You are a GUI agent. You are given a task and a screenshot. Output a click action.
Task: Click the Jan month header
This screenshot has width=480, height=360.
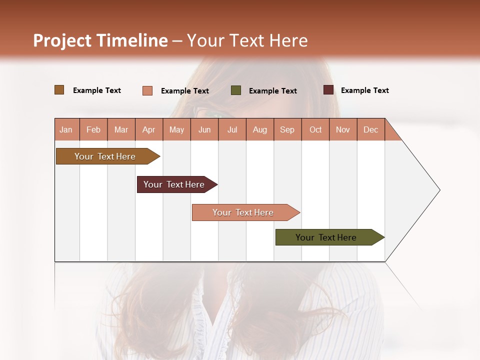click(x=66, y=130)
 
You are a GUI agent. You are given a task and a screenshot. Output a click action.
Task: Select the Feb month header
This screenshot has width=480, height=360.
click(x=93, y=130)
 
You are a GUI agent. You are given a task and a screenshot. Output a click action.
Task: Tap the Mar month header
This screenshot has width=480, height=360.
click(x=121, y=130)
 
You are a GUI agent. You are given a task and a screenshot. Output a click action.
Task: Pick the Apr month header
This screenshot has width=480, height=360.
click(x=149, y=130)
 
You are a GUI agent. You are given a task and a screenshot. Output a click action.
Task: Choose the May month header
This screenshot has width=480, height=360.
click(x=176, y=130)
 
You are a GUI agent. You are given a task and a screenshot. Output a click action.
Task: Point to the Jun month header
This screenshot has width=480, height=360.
click(x=204, y=130)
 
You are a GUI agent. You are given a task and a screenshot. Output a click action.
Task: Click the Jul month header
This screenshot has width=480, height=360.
click(x=232, y=130)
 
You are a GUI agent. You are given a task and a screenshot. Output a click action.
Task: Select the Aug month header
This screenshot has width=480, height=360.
click(x=260, y=130)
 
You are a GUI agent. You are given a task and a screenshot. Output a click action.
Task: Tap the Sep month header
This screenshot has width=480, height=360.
click(x=287, y=130)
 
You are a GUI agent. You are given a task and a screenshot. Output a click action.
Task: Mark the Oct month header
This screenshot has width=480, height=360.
click(x=315, y=130)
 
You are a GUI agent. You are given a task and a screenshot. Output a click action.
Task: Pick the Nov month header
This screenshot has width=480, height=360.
click(x=343, y=130)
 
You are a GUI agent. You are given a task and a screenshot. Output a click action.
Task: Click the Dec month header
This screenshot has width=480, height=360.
click(x=370, y=130)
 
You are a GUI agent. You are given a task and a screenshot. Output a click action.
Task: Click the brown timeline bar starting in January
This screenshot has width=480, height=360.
click(x=105, y=156)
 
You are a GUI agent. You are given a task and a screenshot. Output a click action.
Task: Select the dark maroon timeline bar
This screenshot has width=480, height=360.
click(x=174, y=184)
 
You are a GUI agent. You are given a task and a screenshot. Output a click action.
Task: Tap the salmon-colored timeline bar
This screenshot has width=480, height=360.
click(x=243, y=212)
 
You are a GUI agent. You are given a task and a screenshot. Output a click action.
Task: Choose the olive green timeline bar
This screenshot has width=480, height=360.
click(x=326, y=237)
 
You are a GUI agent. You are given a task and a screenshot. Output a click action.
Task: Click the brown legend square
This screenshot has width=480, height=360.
click(x=59, y=90)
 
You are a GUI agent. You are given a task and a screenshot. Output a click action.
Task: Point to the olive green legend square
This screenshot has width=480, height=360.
click(x=236, y=90)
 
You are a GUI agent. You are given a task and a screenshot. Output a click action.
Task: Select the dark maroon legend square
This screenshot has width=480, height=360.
click(x=328, y=90)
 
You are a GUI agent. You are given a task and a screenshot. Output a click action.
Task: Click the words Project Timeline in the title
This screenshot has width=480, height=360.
click(x=100, y=40)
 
